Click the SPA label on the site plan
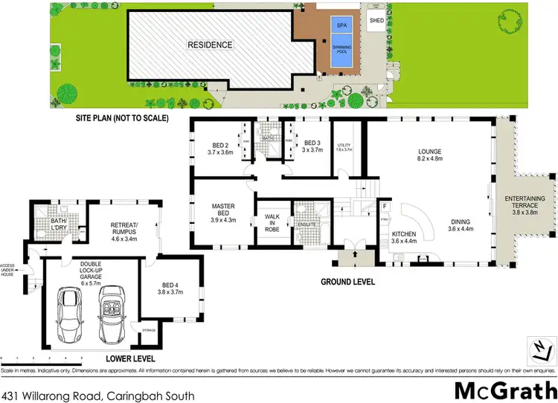pyautogui.click(x=342, y=25)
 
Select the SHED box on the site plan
pyautogui.click(x=376, y=20)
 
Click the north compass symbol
pyautogui.click(x=542, y=348)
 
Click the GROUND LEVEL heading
pyautogui.click(x=348, y=283)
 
